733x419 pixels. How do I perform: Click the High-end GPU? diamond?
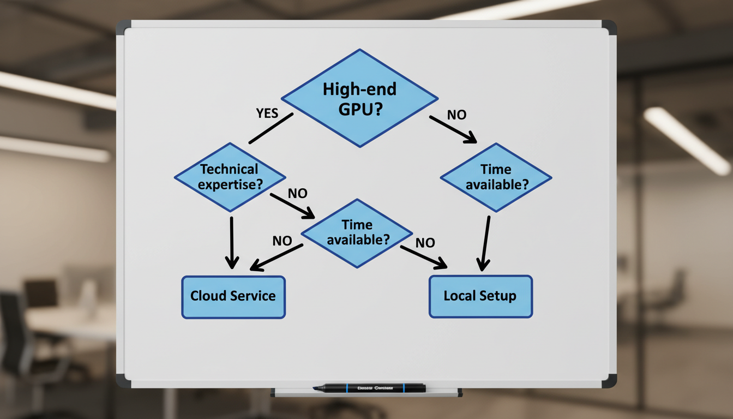(359, 98)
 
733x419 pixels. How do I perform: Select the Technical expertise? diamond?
(230, 177)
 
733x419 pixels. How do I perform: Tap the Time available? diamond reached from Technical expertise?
(357, 232)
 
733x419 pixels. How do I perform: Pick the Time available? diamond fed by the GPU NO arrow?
(496, 177)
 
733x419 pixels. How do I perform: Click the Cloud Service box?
(233, 296)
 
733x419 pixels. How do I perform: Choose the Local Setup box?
(480, 296)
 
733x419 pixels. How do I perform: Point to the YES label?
(267, 113)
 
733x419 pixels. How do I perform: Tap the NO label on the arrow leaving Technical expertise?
(297, 194)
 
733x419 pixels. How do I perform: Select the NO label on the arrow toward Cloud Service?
(282, 241)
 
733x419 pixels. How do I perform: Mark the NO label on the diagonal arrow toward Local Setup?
(425, 243)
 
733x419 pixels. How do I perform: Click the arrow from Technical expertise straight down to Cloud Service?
(232, 242)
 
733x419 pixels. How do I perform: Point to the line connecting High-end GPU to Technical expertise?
(271, 129)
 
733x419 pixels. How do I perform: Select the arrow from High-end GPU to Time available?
(452, 129)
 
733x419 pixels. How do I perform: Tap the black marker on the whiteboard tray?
(369, 388)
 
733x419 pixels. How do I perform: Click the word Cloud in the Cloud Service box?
(209, 296)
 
